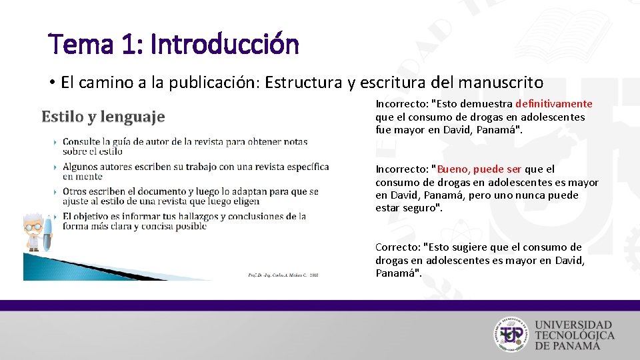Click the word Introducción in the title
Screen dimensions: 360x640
click(x=225, y=45)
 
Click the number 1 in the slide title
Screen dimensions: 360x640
click(x=132, y=45)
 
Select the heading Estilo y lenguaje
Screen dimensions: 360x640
click(x=103, y=117)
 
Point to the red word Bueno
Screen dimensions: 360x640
click(x=453, y=169)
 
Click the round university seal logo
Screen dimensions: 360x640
click(x=512, y=333)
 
